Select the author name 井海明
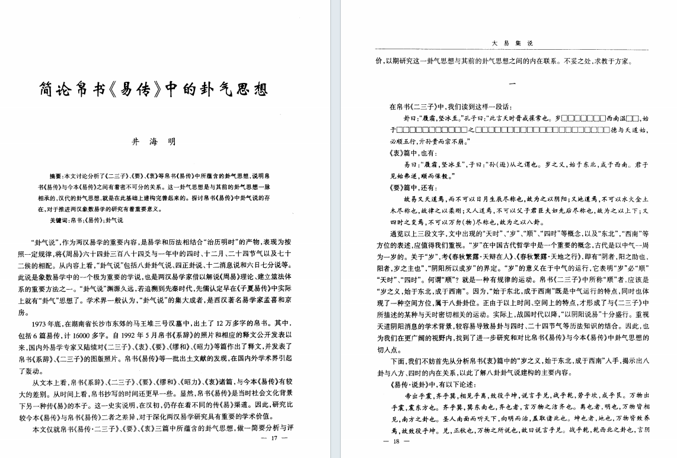(x=154, y=142)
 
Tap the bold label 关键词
(x=59, y=220)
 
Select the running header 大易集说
(x=513, y=43)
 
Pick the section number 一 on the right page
(x=513, y=84)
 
